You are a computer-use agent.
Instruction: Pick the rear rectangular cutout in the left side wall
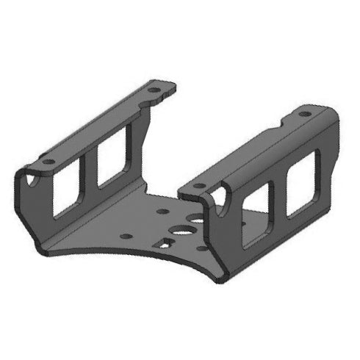point(112,159)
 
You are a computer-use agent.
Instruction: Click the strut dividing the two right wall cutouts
point(280,199)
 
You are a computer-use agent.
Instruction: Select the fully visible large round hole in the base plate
point(179,228)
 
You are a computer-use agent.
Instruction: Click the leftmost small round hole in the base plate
point(126,237)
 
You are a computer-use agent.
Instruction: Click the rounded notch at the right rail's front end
point(219,195)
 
